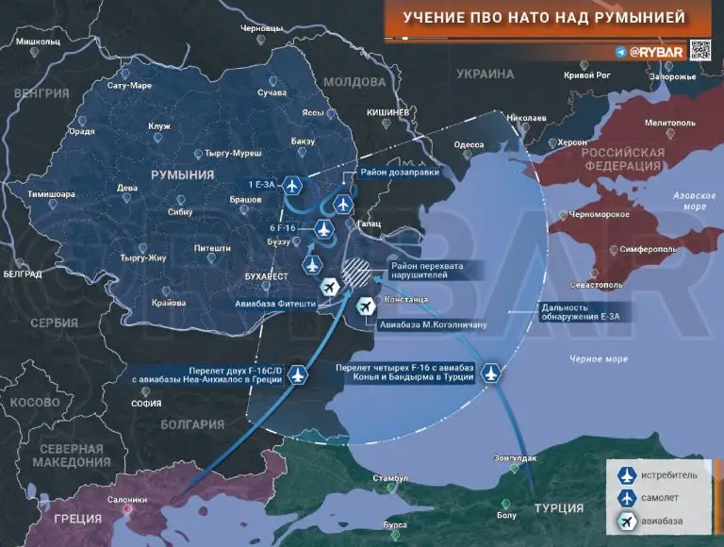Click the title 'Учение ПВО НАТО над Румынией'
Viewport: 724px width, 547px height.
coord(544,18)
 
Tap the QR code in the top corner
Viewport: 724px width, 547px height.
coord(699,50)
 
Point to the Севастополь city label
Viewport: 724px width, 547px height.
coord(596,283)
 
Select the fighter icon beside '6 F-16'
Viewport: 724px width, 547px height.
coord(322,228)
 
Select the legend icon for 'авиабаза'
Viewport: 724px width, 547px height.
coord(623,521)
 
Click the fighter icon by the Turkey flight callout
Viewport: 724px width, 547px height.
coord(491,373)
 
